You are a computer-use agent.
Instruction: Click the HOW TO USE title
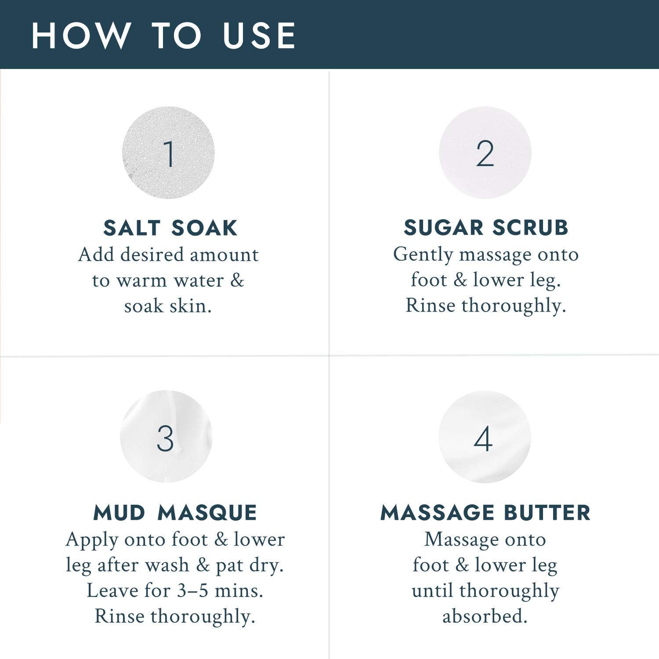pos(163,35)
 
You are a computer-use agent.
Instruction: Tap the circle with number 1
pos(168,153)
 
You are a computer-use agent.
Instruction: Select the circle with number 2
pos(485,153)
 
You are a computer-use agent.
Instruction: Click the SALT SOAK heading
pos(170,228)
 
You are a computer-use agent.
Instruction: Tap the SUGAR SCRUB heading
pos(486,228)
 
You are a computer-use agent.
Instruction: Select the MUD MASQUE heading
pos(175,513)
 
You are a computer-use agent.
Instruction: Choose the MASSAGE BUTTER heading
pos(485,513)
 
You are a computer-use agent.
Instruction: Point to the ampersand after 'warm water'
pos(237,280)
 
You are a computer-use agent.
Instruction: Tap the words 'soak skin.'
pos(168,306)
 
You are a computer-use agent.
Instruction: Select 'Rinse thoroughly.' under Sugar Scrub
pos(485,306)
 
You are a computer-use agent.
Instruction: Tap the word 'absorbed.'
pos(485,616)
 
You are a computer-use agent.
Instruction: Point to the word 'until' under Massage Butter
pos(433,590)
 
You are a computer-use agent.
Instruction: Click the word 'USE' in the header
pos(259,35)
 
